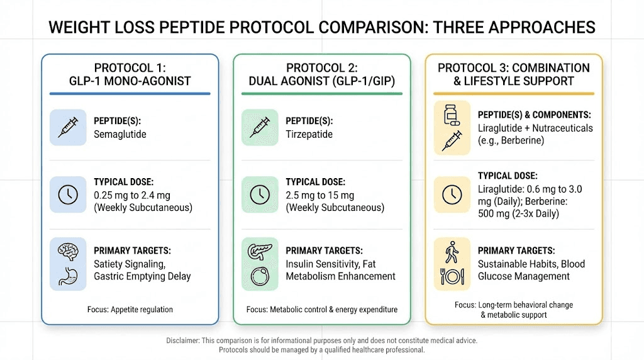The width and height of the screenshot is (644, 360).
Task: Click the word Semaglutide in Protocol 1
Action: coord(120,135)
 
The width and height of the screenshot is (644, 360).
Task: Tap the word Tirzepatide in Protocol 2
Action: coord(309,135)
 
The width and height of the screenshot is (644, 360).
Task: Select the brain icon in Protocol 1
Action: coord(68,251)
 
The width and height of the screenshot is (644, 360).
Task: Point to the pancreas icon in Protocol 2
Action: coord(260,251)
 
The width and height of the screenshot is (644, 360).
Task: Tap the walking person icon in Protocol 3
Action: coord(452,252)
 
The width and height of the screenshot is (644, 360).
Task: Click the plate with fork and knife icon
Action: coord(452,276)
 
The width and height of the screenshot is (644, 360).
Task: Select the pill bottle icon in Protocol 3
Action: coord(452,115)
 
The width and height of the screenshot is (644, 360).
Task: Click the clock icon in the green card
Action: coord(260,195)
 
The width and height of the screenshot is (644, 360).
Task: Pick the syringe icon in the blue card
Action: coord(68,127)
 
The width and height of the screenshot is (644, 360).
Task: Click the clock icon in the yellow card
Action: coord(452,195)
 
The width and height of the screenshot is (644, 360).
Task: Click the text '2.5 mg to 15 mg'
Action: coord(320,196)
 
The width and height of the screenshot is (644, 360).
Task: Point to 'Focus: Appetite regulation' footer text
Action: coord(130,310)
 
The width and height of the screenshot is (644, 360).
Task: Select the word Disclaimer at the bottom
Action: coord(183,340)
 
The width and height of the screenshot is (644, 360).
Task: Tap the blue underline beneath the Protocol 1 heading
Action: coord(130,94)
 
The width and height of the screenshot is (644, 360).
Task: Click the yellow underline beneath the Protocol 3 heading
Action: coord(514,94)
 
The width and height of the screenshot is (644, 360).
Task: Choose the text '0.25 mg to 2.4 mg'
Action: coord(132,196)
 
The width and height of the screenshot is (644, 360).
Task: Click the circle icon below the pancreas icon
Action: coord(260,276)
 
